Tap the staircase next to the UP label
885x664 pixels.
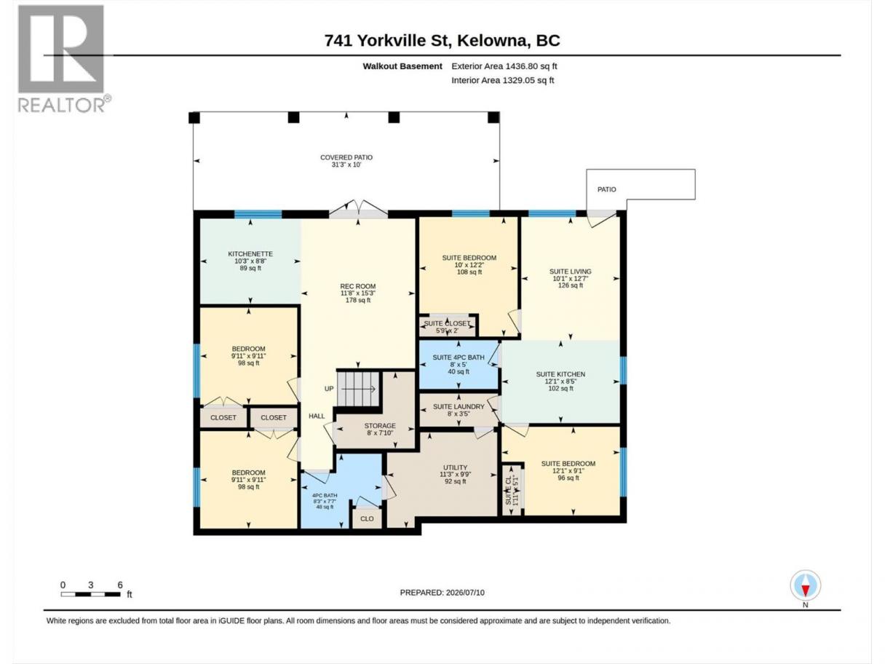359,389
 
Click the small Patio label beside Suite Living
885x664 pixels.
606,189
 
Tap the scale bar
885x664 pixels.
91,594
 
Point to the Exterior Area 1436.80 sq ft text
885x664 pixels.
504,66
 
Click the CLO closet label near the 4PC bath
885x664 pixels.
367,519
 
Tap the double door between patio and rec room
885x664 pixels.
358,209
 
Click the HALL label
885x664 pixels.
317,416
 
